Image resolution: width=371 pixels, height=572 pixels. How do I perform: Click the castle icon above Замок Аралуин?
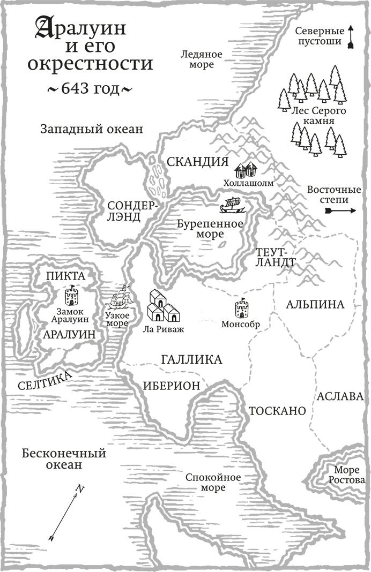[70, 295]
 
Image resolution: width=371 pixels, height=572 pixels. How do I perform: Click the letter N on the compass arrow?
[79, 488]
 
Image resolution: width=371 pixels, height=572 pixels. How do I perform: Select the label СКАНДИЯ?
[197, 162]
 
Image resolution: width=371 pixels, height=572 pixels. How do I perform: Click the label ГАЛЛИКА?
[191, 360]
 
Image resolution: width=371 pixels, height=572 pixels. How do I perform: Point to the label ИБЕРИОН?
[171, 386]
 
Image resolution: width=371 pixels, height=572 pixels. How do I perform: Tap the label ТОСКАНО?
[276, 411]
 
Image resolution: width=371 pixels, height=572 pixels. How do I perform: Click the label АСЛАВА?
[340, 397]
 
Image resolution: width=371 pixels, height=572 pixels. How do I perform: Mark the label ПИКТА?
[66, 276]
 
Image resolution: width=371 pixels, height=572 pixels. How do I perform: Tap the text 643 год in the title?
[82, 89]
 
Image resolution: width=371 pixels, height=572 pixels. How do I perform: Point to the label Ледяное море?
[197, 59]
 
